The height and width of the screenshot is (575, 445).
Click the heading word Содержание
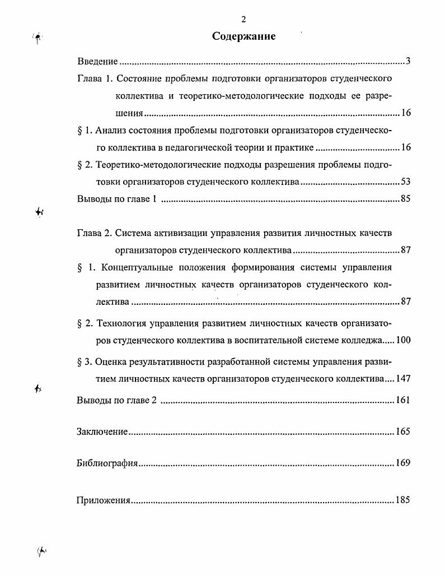[243, 37]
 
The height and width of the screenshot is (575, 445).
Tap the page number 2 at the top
[243, 20]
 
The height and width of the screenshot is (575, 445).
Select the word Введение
[97, 61]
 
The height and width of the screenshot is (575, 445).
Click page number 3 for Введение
[408, 61]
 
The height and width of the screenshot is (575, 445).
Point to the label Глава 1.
[93, 78]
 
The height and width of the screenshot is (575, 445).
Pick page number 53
[406, 182]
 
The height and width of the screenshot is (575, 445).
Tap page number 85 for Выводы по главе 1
[406, 199]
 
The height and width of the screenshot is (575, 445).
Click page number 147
[403, 379]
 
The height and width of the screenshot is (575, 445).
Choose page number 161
[403, 400]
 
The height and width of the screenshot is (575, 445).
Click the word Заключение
[102, 432]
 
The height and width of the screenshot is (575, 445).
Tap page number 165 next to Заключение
[403, 432]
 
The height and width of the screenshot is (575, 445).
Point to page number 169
[403, 463]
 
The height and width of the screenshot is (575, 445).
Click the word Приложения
[103, 500]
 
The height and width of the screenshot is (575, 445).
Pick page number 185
[403, 500]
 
